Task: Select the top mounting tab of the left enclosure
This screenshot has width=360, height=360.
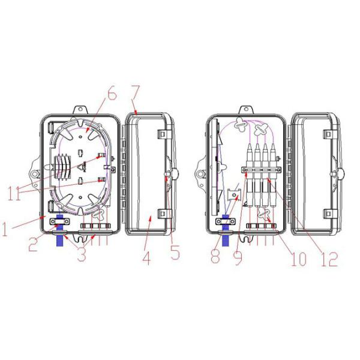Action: pos(79,110)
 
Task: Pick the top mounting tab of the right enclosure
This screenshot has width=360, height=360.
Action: pos(245,110)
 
